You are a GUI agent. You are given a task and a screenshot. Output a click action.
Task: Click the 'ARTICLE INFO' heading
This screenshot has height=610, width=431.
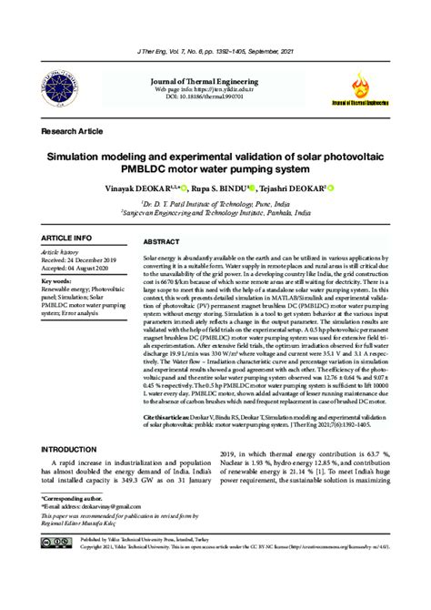pos(67,238)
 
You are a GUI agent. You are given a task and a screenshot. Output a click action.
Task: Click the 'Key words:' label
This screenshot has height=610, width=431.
pos(58,281)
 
